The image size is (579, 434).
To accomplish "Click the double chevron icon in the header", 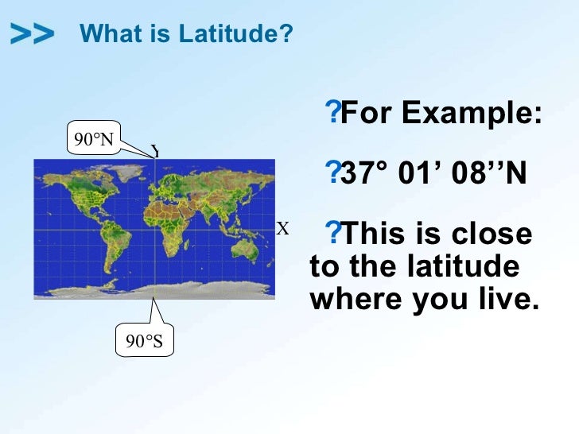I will pyautogui.click(x=33, y=33).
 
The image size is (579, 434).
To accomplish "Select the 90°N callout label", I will pyautogui.click(x=93, y=141).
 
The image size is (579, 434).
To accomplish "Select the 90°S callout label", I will pyautogui.click(x=144, y=341).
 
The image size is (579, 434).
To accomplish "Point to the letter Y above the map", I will pyautogui.click(x=156, y=151).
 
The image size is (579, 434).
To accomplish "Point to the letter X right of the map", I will pyautogui.click(x=282, y=230).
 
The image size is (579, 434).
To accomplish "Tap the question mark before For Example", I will pyautogui.click(x=333, y=114).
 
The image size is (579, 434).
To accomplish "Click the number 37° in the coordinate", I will pyautogui.click(x=363, y=173).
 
